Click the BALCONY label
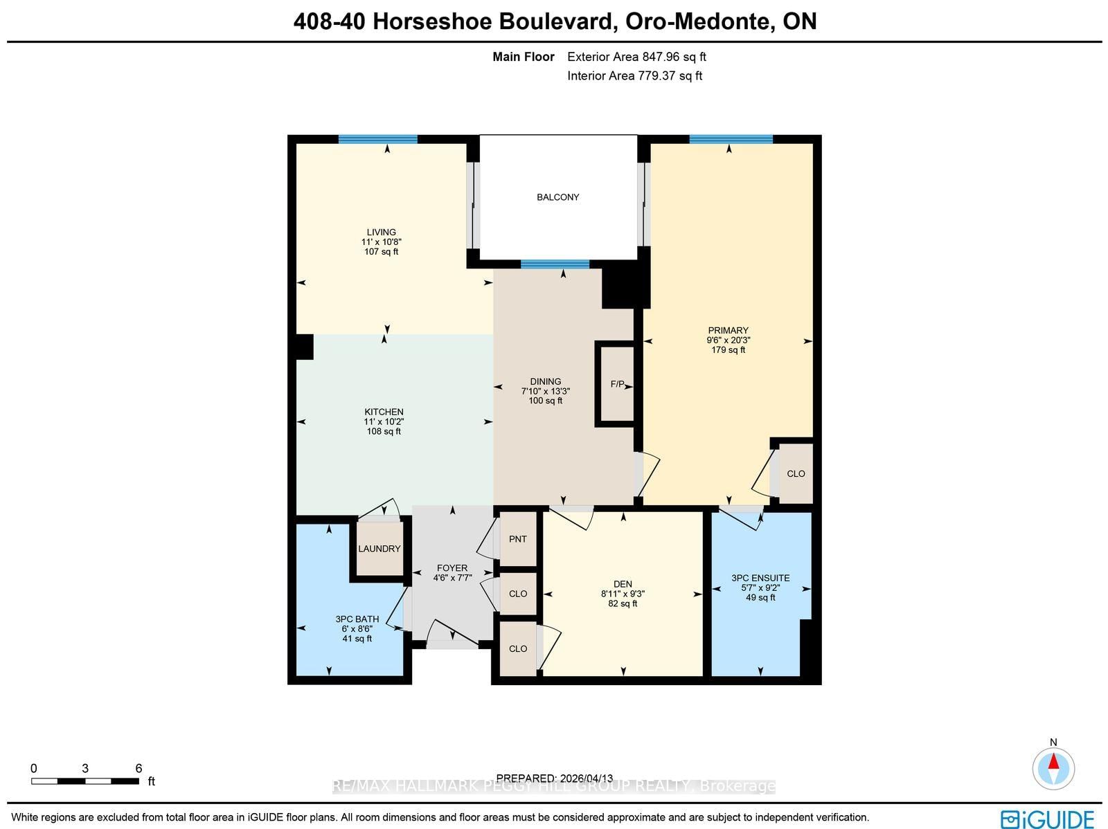(x=557, y=197)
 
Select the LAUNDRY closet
(x=379, y=549)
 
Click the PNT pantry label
(x=518, y=539)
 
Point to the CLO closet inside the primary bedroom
(x=796, y=474)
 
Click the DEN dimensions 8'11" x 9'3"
(x=623, y=594)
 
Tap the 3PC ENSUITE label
(x=760, y=578)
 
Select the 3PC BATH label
(x=357, y=619)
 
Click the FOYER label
(x=452, y=568)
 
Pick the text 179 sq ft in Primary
(x=728, y=350)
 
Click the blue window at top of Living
(x=378, y=139)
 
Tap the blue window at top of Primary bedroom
(x=731, y=139)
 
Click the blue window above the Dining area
(x=555, y=264)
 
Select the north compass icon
(x=1053, y=768)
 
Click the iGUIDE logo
(x=1047, y=818)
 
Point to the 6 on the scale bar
(x=138, y=768)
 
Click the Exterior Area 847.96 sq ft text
(x=636, y=57)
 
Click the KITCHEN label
(x=384, y=412)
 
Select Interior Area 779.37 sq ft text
(x=634, y=76)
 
